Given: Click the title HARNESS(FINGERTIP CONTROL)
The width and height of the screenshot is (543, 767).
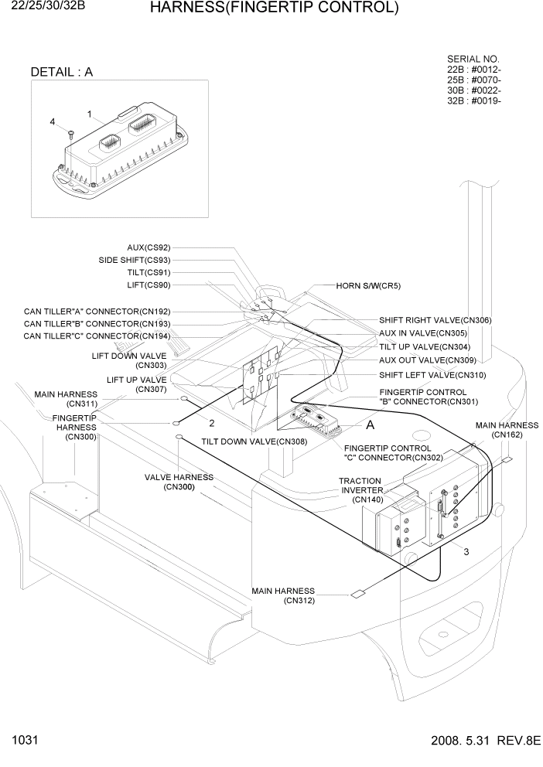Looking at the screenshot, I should coord(274,9).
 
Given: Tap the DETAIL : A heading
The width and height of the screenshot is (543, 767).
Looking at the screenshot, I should coord(61,72).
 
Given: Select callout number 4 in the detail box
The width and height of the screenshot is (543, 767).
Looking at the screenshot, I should coord(53,122).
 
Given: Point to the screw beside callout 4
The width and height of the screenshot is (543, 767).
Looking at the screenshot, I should coord(70,134).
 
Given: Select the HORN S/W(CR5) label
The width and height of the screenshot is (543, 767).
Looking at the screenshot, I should coord(368,285).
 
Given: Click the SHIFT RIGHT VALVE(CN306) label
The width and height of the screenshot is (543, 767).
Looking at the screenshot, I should coord(435,320).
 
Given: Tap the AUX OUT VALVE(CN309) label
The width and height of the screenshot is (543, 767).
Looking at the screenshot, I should coord(427,360).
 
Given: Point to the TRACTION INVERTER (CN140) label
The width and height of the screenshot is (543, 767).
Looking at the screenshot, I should coord(360,490).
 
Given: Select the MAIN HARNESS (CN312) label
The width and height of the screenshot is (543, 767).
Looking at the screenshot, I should coord(284,596).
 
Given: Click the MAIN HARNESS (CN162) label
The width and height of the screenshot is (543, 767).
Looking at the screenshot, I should coord(507,430).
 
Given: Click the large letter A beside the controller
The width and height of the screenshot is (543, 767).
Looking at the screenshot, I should coord(370,425).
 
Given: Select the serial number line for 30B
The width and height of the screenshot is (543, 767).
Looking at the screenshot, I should coord(474,90).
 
